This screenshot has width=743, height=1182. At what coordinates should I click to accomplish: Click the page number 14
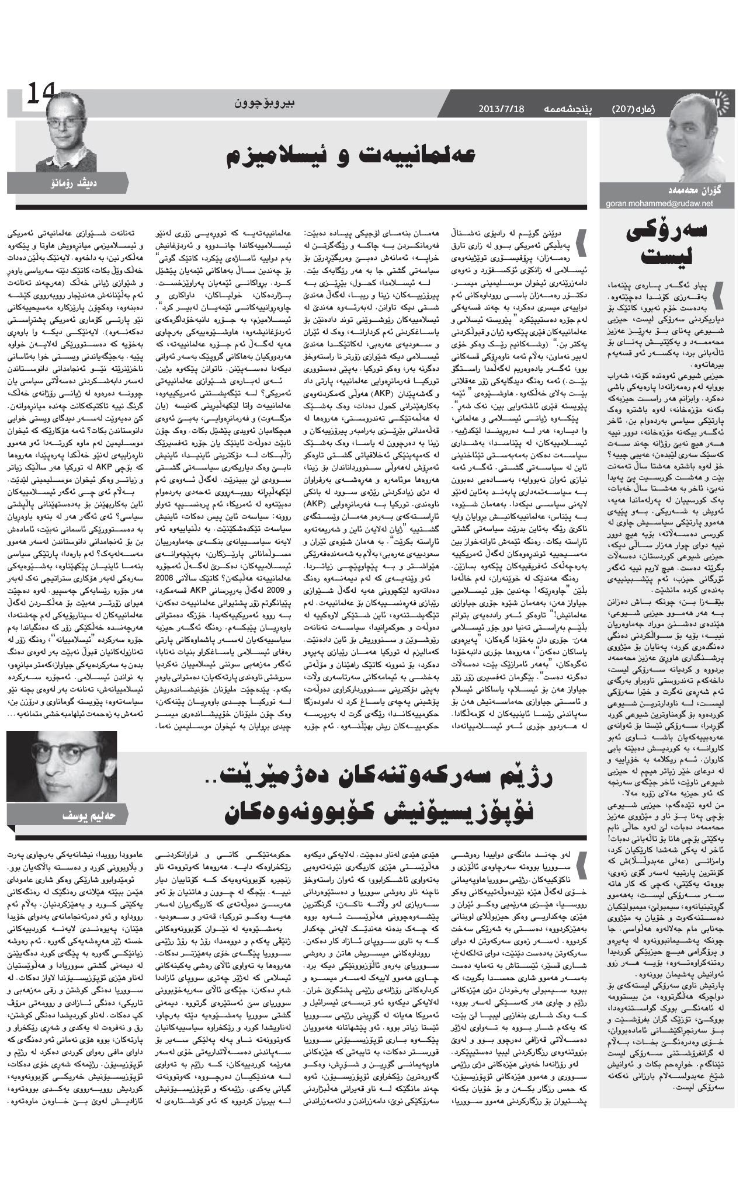point(39,94)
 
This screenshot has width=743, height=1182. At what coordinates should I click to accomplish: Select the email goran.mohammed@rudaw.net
point(659,203)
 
